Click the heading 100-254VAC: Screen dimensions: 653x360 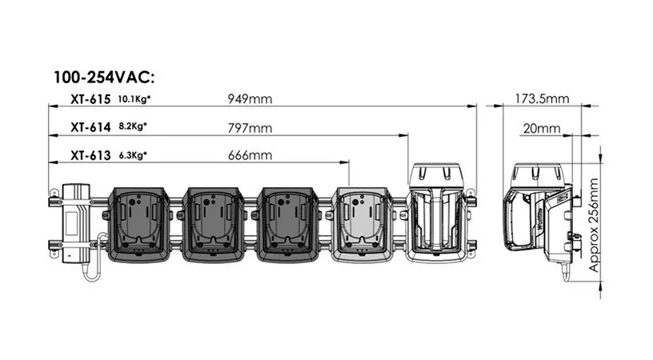coord(104,78)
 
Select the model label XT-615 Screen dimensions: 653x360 coord(90,99)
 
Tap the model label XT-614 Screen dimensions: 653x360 coord(90,127)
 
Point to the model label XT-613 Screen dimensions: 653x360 coord(90,155)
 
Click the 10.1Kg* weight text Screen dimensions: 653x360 coord(134,99)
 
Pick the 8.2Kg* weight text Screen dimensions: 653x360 coord(133,126)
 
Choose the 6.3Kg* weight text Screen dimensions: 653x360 coord(133,155)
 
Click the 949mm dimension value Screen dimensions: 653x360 coord(250,99)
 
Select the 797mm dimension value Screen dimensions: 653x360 coord(250,128)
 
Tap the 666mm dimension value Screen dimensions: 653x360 coord(250,155)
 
